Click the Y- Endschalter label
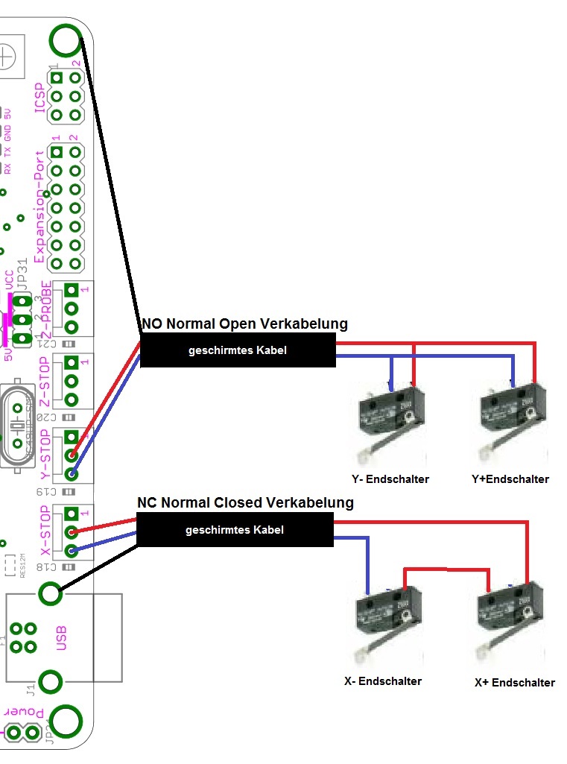(390, 479)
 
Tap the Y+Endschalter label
(510, 479)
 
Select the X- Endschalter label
(383, 681)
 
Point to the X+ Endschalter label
(514, 683)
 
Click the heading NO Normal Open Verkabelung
(244, 324)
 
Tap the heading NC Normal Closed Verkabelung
(245, 503)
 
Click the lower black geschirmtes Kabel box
(235, 531)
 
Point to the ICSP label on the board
(41, 97)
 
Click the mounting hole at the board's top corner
(66, 40)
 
